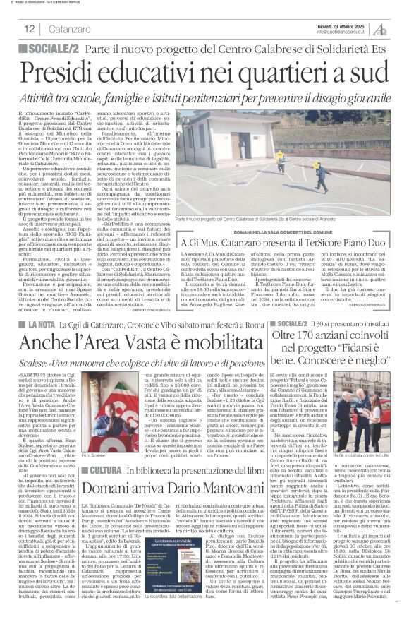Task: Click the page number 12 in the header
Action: click(x=30, y=29)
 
